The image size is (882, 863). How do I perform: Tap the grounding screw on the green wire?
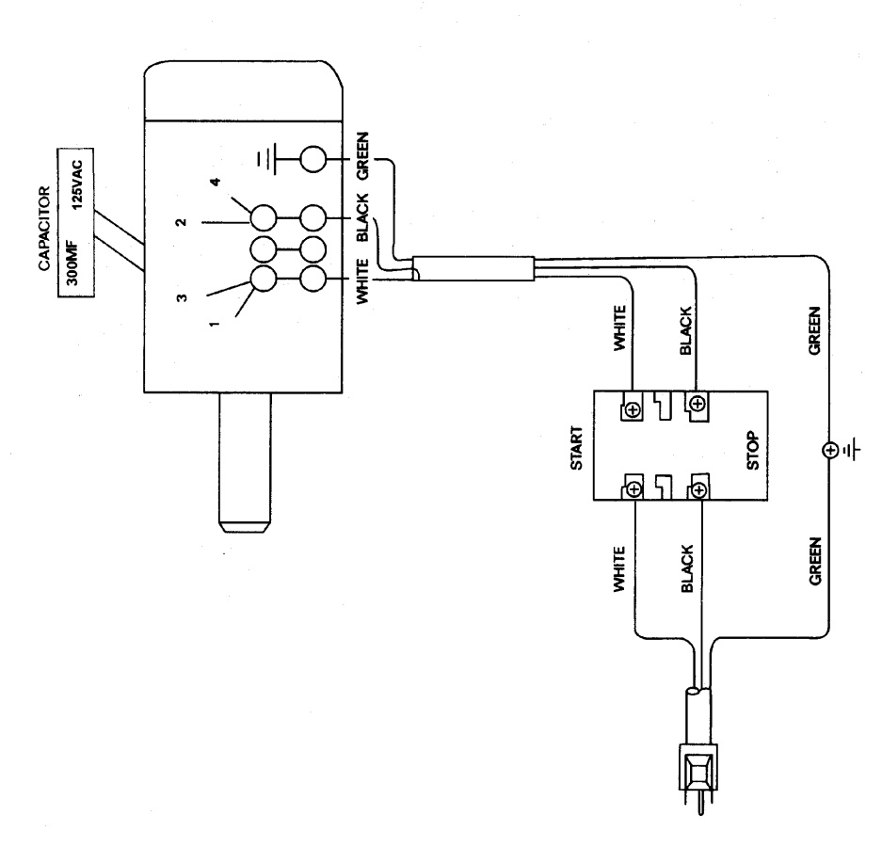click(829, 450)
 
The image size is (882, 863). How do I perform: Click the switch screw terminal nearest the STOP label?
click(698, 489)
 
